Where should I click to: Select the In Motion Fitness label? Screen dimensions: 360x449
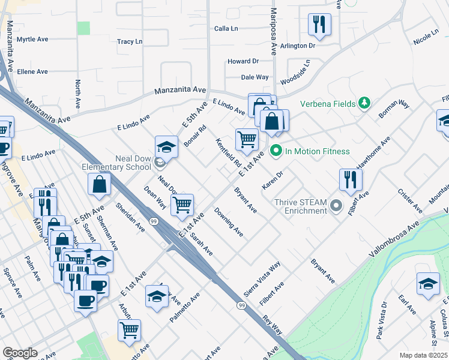318,151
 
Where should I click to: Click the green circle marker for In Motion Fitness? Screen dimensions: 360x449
276,151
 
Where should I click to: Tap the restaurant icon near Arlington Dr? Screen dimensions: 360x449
319,25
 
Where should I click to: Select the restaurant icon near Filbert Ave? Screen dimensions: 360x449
350,179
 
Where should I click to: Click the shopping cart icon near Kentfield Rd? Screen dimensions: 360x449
247,139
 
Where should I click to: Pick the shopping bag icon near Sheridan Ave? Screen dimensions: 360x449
99,184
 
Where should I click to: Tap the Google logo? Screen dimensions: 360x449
20,352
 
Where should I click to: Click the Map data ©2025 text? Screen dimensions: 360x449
423,355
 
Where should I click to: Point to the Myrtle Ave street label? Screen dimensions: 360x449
32,40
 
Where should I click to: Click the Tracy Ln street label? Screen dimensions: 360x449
130,42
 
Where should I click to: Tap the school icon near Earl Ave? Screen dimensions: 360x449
428,283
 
